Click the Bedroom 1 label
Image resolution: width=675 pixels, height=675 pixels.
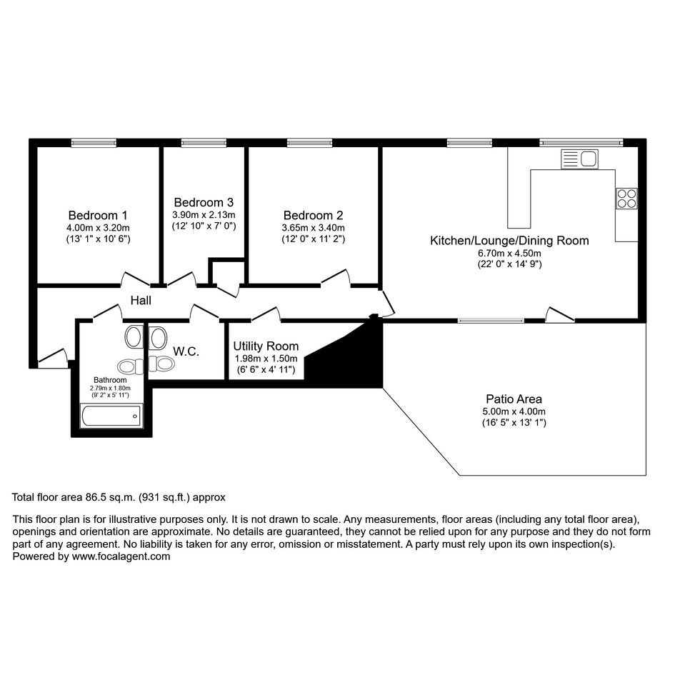pos(98,215)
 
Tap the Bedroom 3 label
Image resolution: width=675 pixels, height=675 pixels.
pos(204,202)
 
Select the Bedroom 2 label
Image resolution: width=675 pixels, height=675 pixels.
pos(314,215)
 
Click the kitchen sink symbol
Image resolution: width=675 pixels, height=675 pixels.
pos(579,159)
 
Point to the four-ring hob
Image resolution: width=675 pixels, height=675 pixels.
pos(626,199)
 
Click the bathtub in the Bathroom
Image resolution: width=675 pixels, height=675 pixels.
pos(111,416)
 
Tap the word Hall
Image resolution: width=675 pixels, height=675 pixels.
pos(141,301)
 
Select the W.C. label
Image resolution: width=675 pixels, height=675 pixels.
pos(186,351)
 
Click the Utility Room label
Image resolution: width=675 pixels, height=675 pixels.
pos(266,346)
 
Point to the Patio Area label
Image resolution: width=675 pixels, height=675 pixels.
pos(514,399)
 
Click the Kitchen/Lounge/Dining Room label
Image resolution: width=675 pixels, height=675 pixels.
pos(510,241)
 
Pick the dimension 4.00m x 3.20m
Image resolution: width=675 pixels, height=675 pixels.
pos(98,228)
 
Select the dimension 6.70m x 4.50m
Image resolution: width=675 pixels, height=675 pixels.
pos(510,253)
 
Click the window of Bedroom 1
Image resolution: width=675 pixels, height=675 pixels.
pos(94,142)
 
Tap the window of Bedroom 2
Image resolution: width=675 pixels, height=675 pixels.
pos(310,142)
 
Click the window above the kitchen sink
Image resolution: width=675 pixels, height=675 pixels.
pos(581,142)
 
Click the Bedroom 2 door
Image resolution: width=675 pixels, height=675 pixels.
pos(335,277)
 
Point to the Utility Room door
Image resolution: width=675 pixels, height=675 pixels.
pos(266,314)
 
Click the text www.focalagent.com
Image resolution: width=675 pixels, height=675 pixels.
pos(121,556)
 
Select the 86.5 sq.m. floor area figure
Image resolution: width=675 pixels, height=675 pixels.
pos(110,497)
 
